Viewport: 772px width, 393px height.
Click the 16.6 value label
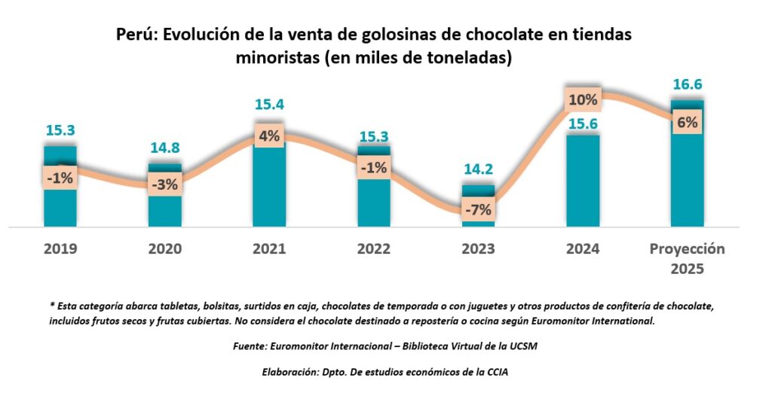[x=688, y=84]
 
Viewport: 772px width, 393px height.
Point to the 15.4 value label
[x=269, y=105]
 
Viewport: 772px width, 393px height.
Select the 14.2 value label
[x=478, y=169]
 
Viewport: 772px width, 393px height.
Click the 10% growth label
[x=583, y=99]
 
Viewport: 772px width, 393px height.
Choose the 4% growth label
[x=269, y=136]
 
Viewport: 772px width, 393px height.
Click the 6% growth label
[x=687, y=123]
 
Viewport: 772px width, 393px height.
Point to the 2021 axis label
[x=269, y=249]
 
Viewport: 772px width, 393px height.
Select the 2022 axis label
[x=373, y=249]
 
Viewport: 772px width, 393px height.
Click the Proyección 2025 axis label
[x=687, y=258]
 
